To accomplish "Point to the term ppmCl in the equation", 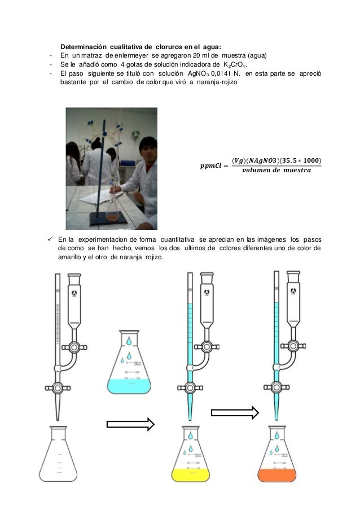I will pyautogui.click(x=210, y=165).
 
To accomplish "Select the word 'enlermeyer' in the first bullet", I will pyautogui.click(x=128, y=55).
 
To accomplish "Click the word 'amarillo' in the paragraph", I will pyautogui.click(x=72, y=258).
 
